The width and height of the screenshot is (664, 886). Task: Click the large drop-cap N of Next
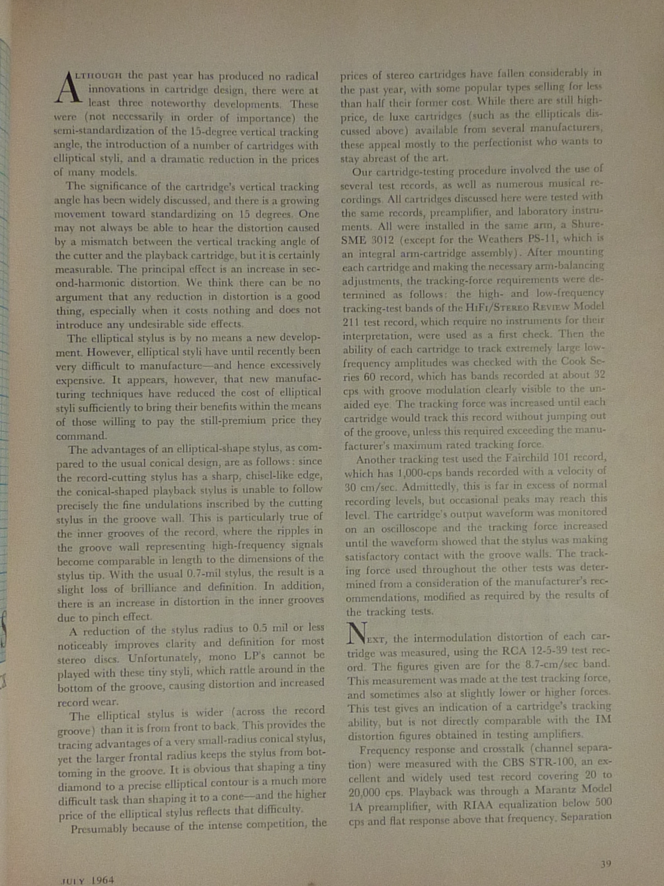pos(356,633)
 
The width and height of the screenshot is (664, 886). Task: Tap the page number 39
pos(605,863)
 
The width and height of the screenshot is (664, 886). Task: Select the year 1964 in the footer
pos(103,879)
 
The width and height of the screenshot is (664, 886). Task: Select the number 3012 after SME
pos(380,240)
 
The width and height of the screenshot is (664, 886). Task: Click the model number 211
pos(351,321)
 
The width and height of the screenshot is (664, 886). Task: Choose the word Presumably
pos(98,829)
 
